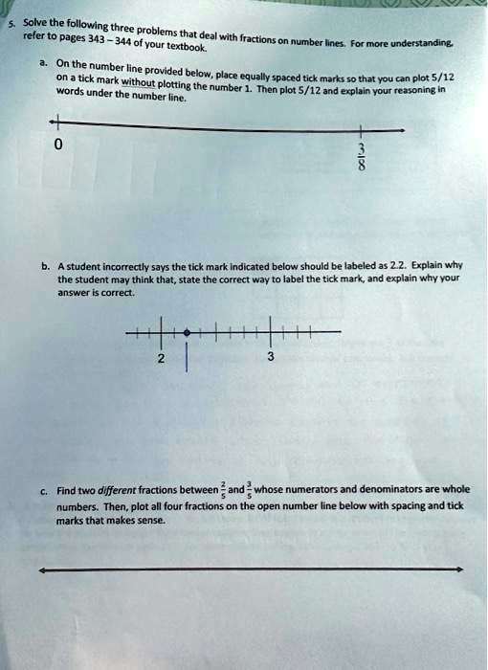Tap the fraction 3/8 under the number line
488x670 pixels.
click(361, 154)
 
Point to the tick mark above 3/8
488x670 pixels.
click(361, 127)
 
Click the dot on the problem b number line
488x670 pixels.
click(187, 332)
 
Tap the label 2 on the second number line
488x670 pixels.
click(162, 358)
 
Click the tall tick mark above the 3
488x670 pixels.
click(271, 330)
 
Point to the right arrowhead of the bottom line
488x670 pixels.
click(459, 569)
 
